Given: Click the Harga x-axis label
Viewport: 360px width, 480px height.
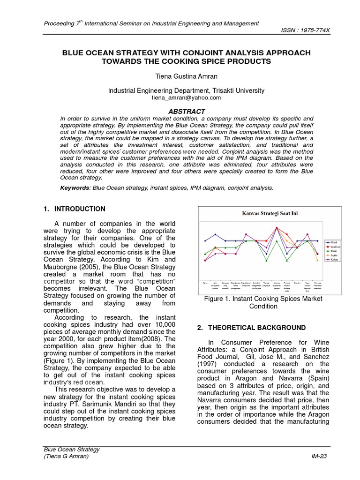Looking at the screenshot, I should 204,283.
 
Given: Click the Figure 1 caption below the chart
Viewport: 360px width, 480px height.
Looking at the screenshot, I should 263,302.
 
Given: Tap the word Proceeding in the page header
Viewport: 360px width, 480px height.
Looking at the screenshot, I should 59,23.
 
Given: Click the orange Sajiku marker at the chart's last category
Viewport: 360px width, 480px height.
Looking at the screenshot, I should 317,260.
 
